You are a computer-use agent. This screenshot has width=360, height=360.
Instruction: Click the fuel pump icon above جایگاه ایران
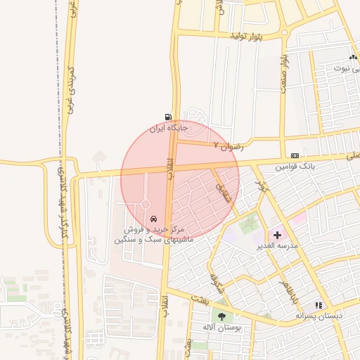click(x=167, y=117)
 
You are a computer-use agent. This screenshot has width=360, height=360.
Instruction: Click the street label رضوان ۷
click(x=229, y=146)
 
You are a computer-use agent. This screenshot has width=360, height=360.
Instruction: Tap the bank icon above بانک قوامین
click(x=294, y=155)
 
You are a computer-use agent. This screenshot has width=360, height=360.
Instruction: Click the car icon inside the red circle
click(x=153, y=218)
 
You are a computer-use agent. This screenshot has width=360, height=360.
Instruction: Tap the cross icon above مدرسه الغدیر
click(x=276, y=234)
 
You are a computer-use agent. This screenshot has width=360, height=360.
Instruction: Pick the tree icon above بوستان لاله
click(x=222, y=316)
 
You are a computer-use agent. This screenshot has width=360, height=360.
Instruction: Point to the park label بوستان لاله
click(x=221, y=328)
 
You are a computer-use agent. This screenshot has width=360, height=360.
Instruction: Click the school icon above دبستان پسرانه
click(x=319, y=305)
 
